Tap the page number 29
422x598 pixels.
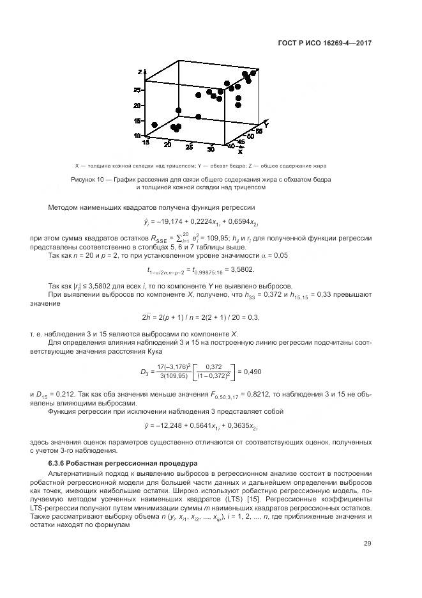[368, 544]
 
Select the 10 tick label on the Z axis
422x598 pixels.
[137, 136]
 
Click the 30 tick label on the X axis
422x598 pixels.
[211, 150]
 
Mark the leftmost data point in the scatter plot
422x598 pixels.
[154, 125]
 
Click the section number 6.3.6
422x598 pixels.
[59, 462]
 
